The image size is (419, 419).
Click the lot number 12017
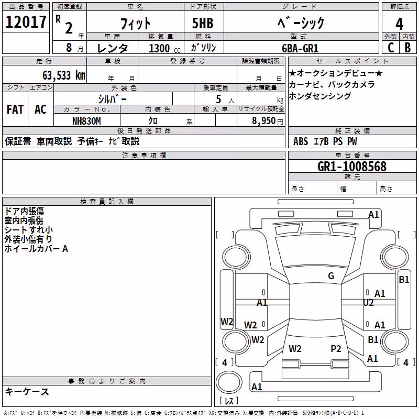point(26,22)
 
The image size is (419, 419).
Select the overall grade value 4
point(399,24)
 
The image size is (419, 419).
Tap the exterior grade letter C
point(391,48)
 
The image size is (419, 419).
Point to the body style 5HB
point(203,23)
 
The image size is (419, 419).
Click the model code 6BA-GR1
point(300,48)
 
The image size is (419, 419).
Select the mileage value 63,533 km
point(64,75)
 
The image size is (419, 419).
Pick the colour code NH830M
point(86,121)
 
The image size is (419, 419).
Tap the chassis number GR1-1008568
point(352,167)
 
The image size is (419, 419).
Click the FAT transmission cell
point(15,109)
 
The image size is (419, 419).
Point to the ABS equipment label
point(301,141)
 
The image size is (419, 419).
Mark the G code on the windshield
point(331,276)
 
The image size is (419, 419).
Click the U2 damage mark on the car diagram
point(368,303)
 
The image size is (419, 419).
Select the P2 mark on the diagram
point(336,349)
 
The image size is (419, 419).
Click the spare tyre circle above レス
point(229,382)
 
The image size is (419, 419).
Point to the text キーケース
point(27,392)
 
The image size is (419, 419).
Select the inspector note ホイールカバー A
point(36,249)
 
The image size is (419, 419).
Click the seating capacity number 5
point(218,100)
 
